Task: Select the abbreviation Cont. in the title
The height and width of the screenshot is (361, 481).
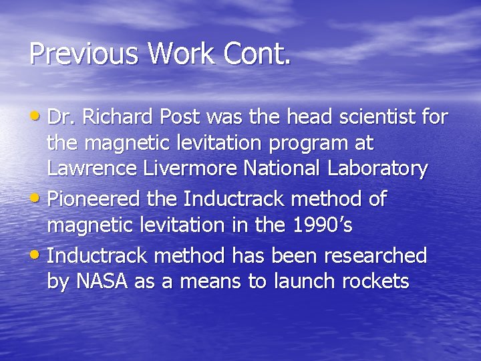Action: [259, 53]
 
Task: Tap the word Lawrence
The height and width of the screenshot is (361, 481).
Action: [92, 169]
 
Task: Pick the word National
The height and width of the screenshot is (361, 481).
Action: [281, 169]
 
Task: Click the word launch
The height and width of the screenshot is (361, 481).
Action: [305, 281]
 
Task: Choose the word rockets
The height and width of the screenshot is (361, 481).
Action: [375, 281]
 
